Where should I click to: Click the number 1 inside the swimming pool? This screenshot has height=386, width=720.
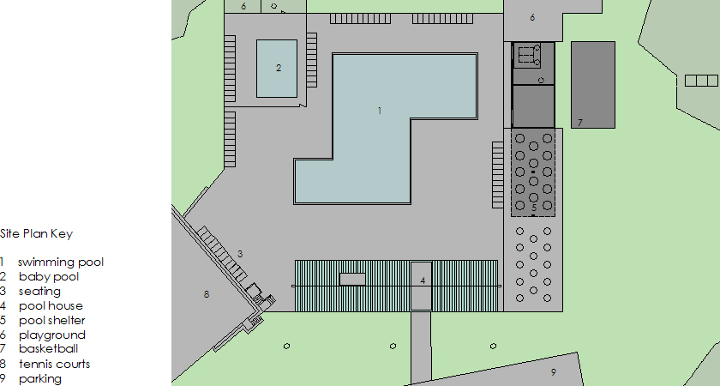pyautogui.click(x=379, y=111)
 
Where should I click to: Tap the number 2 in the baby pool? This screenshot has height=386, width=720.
pyautogui.click(x=279, y=68)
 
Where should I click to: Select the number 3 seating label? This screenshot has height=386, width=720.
pyautogui.click(x=240, y=254)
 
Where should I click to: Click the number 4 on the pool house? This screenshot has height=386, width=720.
pyautogui.click(x=423, y=280)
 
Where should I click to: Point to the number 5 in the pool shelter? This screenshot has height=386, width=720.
pyautogui.click(x=533, y=208)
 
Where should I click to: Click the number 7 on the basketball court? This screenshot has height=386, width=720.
pyautogui.click(x=580, y=123)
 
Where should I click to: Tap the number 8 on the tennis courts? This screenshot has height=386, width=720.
pyautogui.click(x=207, y=294)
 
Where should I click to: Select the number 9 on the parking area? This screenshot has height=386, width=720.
pyautogui.click(x=554, y=372)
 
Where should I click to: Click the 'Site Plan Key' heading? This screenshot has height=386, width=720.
pyautogui.click(x=36, y=234)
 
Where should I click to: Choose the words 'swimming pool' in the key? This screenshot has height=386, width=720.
pyautogui.click(x=61, y=262)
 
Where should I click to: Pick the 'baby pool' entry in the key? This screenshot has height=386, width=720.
pyautogui.click(x=49, y=276)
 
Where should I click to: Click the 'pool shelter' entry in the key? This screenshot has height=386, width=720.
pyautogui.click(x=52, y=320)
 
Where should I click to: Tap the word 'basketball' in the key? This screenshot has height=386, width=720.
pyautogui.click(x=48, y=349)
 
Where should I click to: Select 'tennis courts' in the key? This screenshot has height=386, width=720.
pyautogui.click(x=54, y=364)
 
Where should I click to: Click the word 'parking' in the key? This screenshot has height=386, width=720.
pyautogui.click(x=40, y=379)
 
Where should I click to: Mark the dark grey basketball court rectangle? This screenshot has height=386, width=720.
pyautogui.click(x=593, y=85)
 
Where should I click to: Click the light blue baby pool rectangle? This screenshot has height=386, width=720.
pyautogui.click(x=277, y=69)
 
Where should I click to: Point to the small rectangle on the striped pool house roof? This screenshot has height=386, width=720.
pyautogui.click(x=352, y=279)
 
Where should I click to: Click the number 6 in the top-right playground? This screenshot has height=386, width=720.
pyautogui.click(x=532, y=17)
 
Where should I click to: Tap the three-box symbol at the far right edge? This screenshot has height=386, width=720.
pyautogui.click(x=701, y=81)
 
